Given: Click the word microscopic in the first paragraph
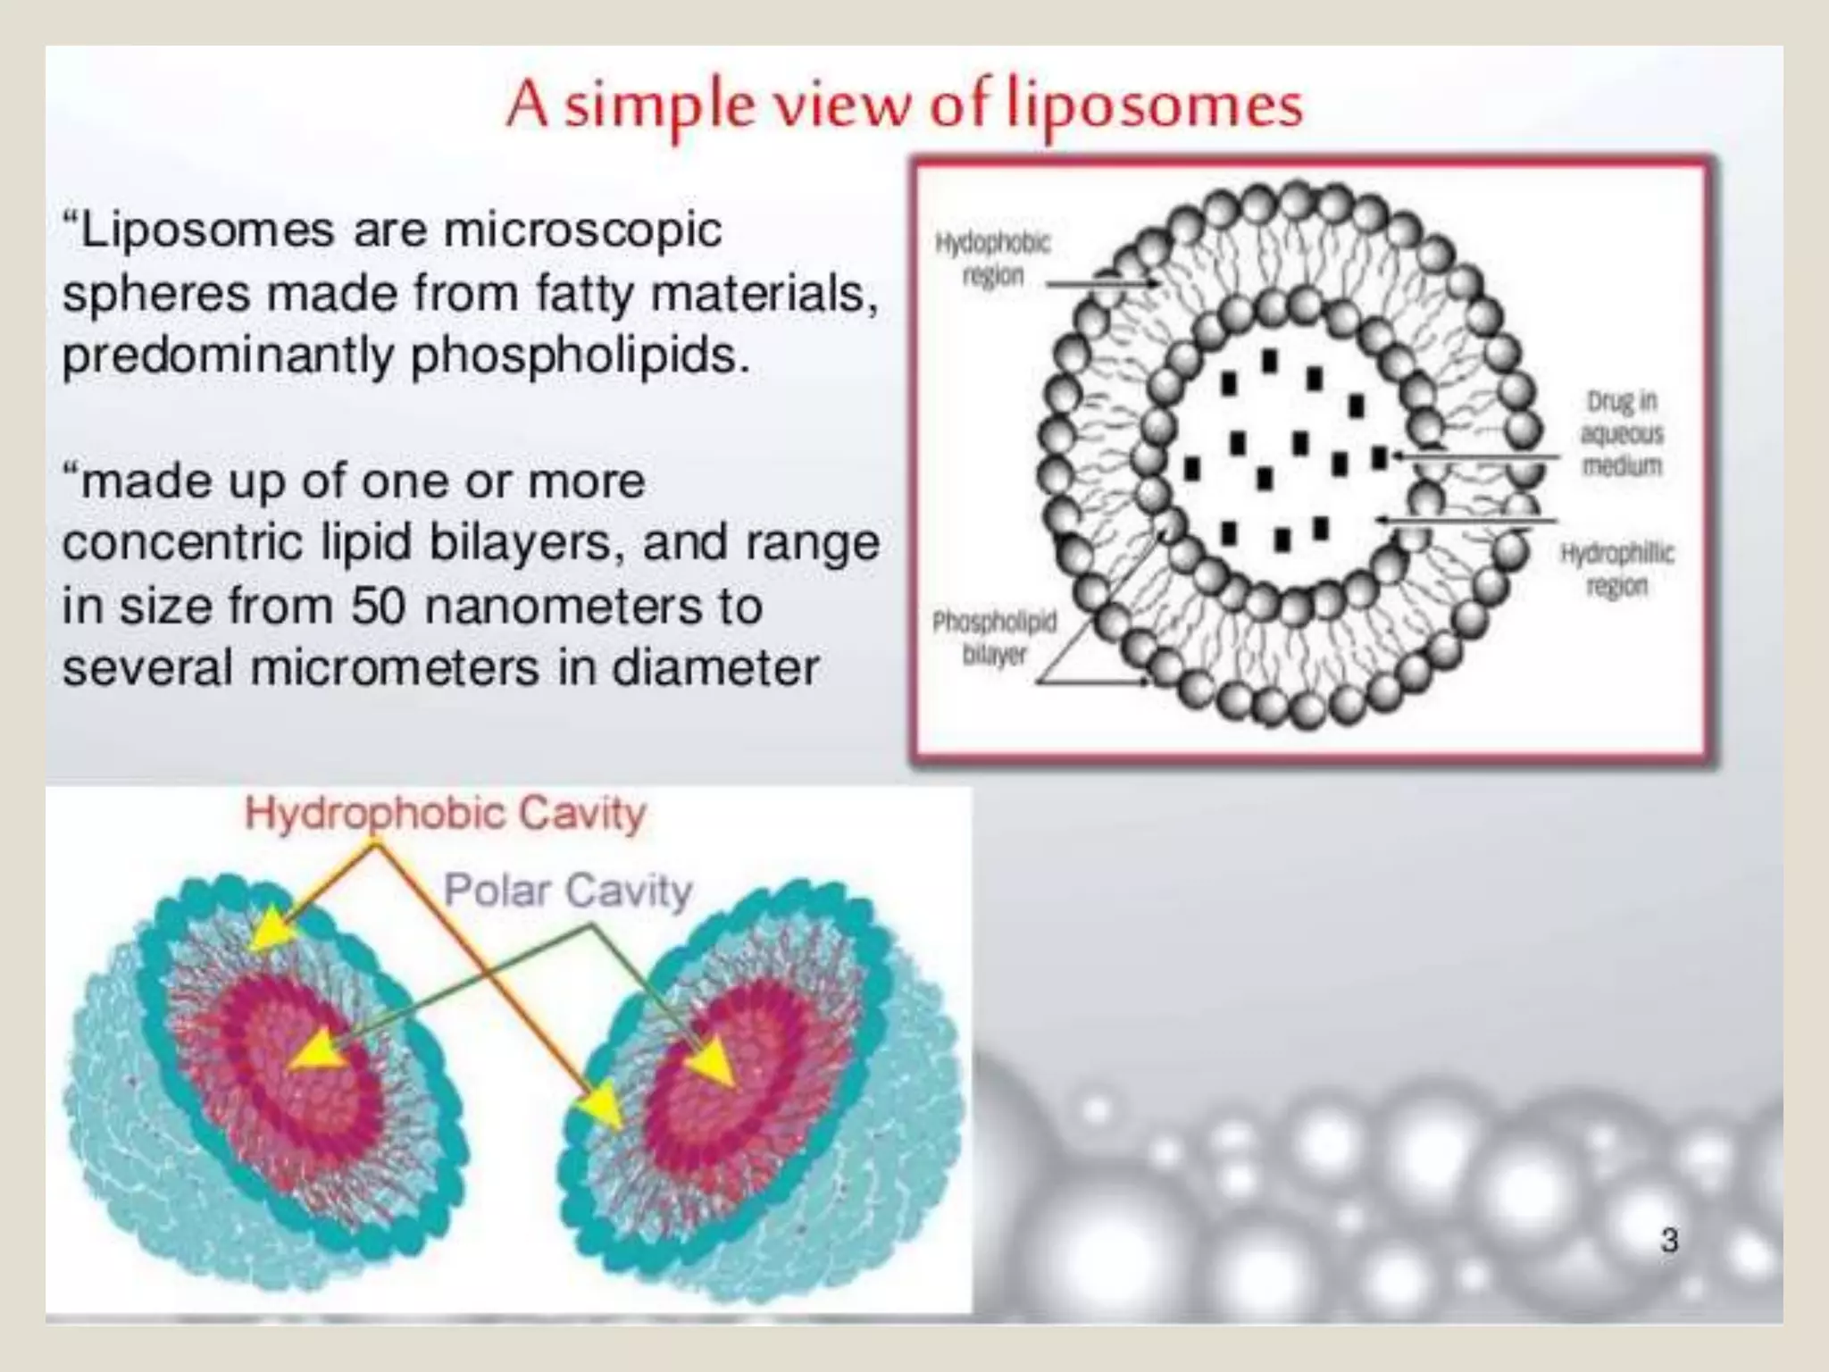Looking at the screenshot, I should click(x=582, y=230).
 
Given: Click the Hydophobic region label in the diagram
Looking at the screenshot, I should click(x=992, y=259).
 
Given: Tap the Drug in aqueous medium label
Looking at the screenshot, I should click(x=1622, y=434).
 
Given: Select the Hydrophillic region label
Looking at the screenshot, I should click(x=1616, y=570).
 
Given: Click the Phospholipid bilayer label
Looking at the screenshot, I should click(x=994, y=638).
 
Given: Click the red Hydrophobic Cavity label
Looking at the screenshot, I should click(x=445, y=814).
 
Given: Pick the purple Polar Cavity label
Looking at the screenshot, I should click(x=568, y=891).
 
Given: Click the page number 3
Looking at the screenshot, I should click(x=1669, y=1241).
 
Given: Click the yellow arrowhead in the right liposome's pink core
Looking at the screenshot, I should click(x=712, y=1062).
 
